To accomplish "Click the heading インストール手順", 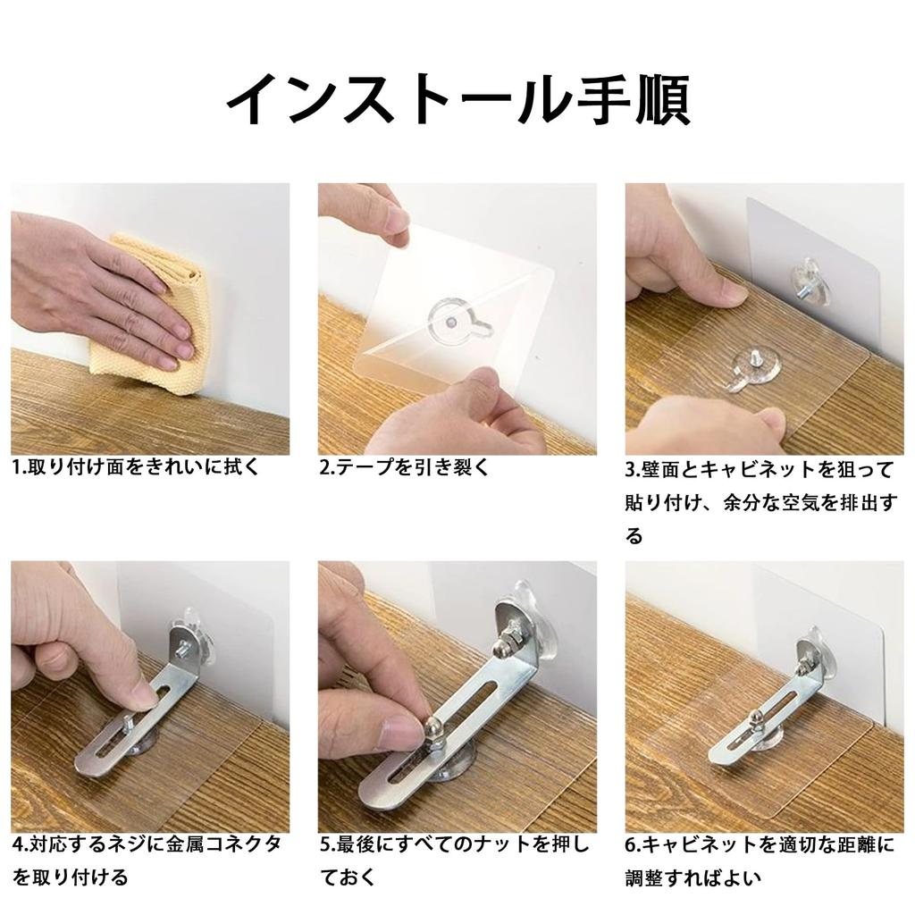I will tap(457, 100).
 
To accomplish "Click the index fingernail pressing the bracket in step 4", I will tap(143, 695).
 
